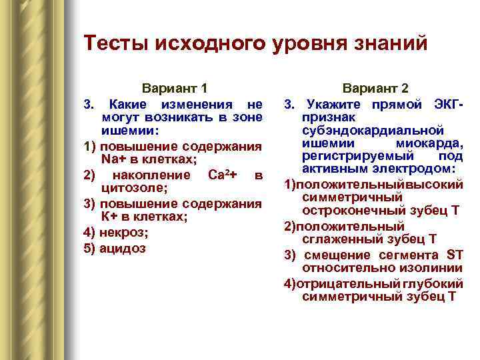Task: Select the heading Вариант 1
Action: [175, 88]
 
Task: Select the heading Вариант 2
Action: [376, 88]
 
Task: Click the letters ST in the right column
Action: [454, 255]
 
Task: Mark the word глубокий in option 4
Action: [437, 283]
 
